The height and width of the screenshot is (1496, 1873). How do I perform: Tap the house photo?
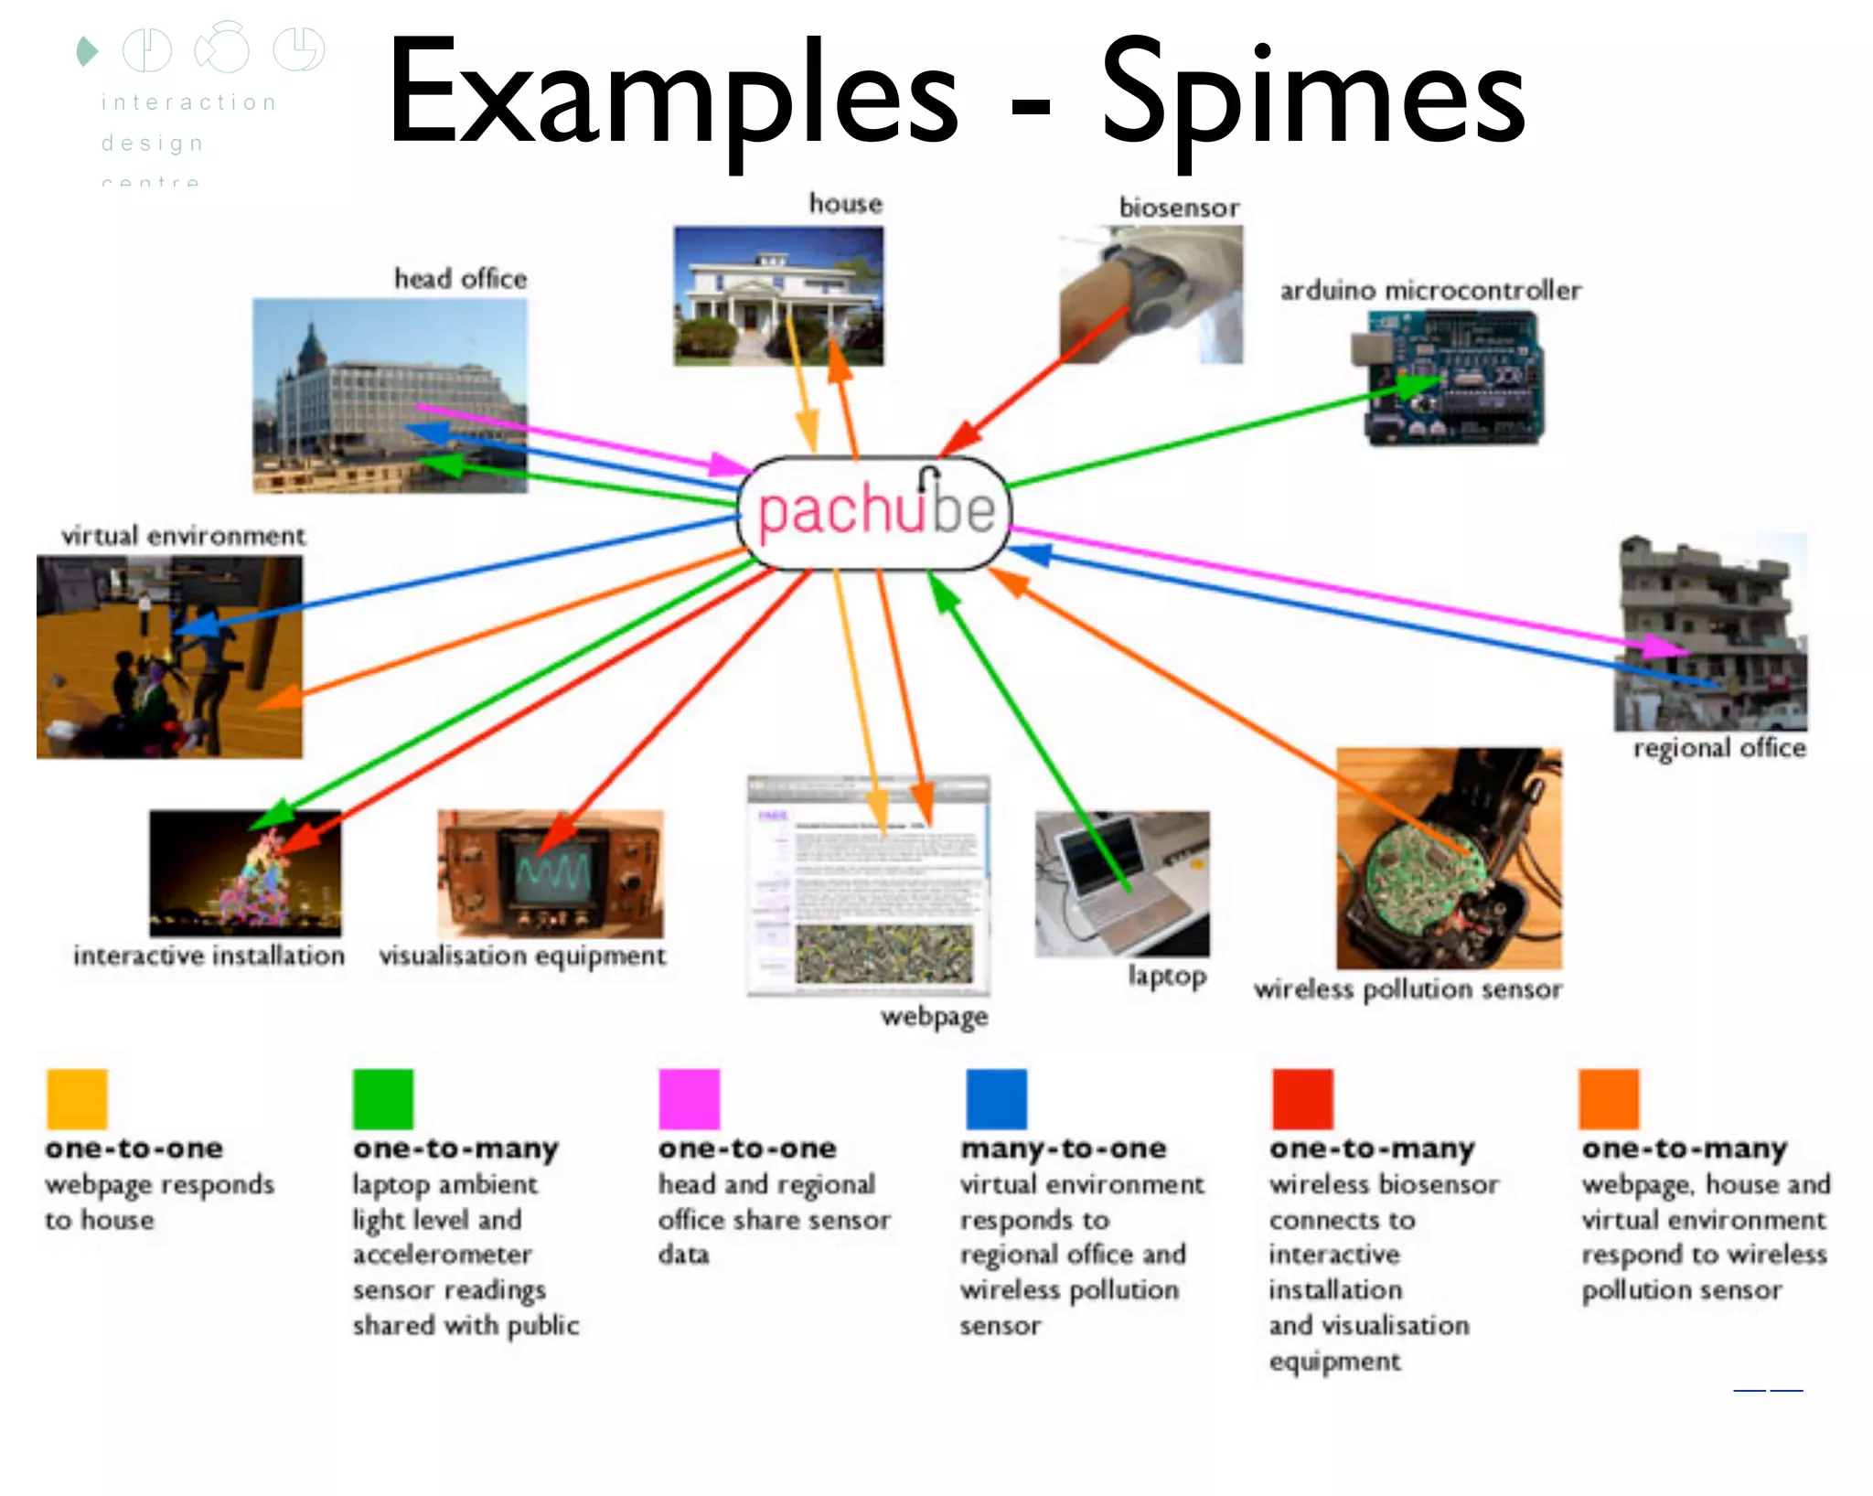[x=778, y=296]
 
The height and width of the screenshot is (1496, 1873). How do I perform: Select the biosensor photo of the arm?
[x=1151, y=294]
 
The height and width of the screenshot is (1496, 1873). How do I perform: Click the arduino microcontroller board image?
[x=1450, y=378]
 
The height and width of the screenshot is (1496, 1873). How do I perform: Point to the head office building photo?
[x=390, y=395]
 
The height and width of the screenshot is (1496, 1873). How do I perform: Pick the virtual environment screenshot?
[x=169, y=657]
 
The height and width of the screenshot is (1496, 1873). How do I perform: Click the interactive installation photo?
[x=245, y=872]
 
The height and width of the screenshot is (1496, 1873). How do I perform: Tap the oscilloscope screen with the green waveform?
[x=553, y=871]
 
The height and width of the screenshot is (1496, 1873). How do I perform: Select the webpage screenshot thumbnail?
[x=868, y=885]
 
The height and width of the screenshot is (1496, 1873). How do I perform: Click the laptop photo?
[x=1121, y=883]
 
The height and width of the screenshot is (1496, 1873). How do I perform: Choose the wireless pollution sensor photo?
[x=1449, y=858]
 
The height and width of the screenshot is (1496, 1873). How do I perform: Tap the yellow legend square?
[x=77, y=1099]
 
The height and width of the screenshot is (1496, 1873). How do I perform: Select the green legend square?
[x=383, y=1099]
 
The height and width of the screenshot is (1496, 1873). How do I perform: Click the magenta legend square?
[x=689, y=1099]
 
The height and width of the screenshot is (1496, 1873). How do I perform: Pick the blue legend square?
[x=996, y=1099]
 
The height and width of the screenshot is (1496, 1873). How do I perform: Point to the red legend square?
[x=1302, y=1099]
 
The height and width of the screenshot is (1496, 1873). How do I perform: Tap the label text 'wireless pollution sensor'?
[x=1407, y=989]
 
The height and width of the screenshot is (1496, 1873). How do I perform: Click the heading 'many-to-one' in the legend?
[x=1063, y=1149]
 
